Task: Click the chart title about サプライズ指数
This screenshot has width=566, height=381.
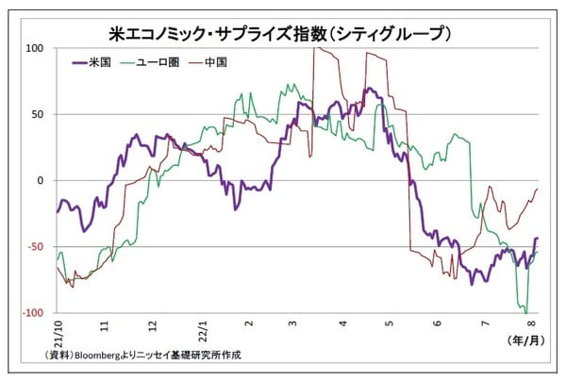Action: [283, 31]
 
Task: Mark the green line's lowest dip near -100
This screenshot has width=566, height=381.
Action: [523, 309]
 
